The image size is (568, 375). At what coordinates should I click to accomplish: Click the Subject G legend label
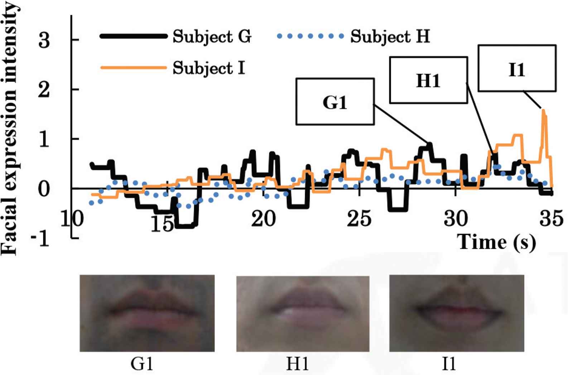click(212, 37)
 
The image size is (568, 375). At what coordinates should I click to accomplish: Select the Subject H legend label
click(390, 37)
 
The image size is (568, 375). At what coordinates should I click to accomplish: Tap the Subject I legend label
click(209, 68)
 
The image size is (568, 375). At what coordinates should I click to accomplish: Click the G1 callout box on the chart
click(335, 102)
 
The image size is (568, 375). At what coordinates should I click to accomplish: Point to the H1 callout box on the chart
click(428, 80)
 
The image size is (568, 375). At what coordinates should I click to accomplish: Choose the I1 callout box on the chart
click(517, 68)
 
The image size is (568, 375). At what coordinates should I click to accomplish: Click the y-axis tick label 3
click(44, 40)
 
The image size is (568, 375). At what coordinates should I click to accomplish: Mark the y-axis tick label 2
click(44, 90)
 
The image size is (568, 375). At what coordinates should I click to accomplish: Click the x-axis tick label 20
click(263, 218)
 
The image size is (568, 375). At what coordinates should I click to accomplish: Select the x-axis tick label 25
click(359, 218)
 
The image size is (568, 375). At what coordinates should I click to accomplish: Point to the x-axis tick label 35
click(551, 218)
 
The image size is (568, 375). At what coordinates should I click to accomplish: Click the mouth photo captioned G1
click(147, 313)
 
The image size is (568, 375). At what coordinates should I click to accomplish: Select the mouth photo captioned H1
click(303, 313)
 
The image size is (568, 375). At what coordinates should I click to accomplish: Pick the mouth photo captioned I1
click(457, 313)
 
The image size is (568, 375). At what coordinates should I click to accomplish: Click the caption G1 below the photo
click(142, 364)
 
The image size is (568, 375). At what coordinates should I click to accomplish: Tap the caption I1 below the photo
click(449, 364)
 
